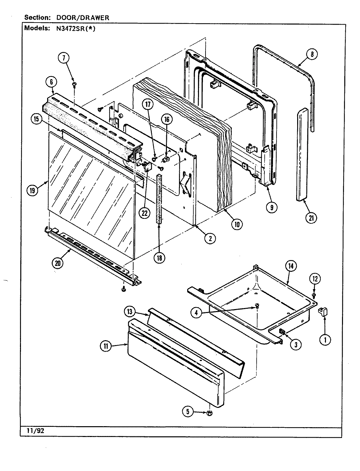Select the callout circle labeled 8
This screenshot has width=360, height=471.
point(312,54)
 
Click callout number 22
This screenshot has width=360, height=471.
point(144,213)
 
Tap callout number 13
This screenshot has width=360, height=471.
point(130,312)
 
